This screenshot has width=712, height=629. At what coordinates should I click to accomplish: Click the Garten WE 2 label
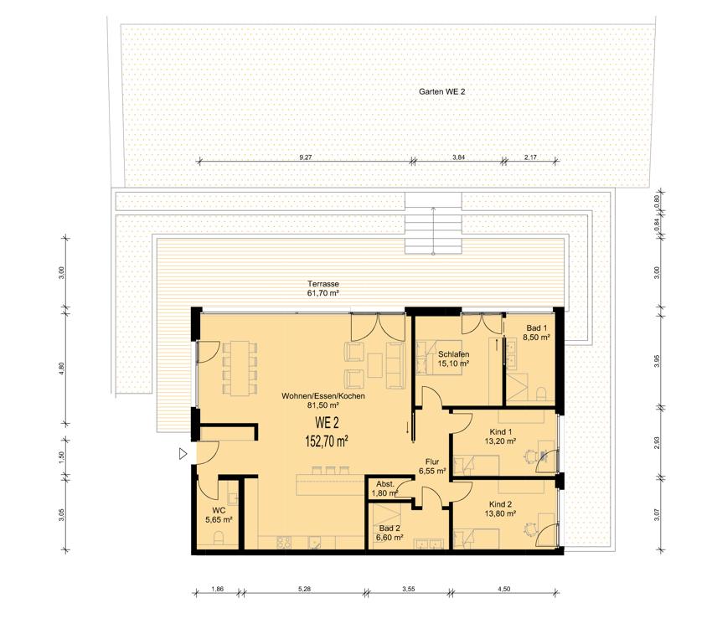click(x=441, y=91)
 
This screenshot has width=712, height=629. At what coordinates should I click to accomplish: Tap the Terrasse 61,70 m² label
click(x=322, y=288)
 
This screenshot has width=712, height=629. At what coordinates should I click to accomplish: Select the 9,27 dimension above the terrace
click(x=306, y=157)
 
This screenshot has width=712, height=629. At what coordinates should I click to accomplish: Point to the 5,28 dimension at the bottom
click(x=304, y=589)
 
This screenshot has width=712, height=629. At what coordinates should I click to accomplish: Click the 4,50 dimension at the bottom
click(x=503, y=589)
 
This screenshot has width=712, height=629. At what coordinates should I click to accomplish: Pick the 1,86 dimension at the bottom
click(x=218, y=589)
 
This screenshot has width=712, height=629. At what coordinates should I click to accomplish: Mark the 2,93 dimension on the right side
click(x=657, y=443)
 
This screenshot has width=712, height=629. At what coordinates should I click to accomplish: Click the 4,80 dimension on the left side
click(x=62, y=369)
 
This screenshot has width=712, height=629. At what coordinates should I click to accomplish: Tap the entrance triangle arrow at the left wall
click(x=183, y=454)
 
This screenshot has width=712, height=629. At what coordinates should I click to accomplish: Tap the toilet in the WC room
click(x=219, y=539)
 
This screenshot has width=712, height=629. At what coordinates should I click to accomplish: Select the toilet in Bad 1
click(x=541, y=394)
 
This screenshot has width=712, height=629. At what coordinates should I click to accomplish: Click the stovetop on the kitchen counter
click(x=284, y=542)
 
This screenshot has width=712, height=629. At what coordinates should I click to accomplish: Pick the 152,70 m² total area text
click(x=327, y=441)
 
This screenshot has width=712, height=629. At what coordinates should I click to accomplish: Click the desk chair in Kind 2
click(x=530, y=529)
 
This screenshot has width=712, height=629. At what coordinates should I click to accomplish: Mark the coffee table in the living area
click(x=375, y=365)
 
